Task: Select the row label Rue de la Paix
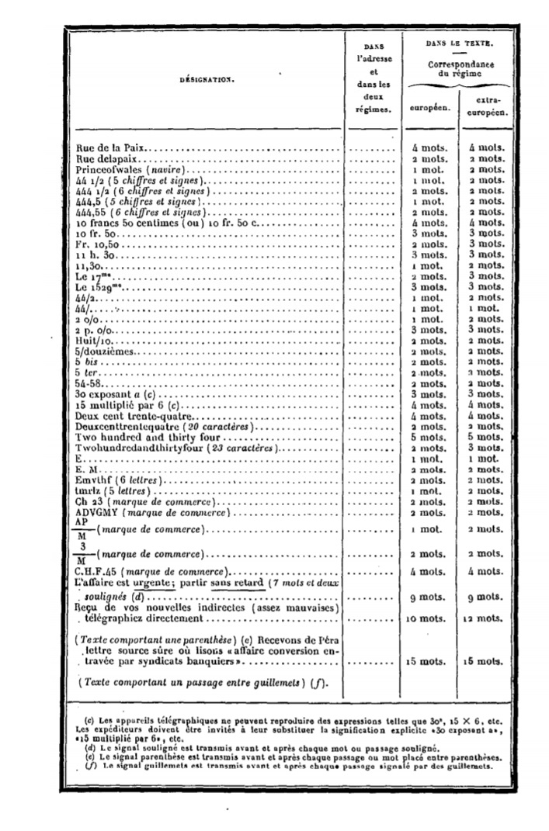click(111, 147)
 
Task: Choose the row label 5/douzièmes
click(106, 351)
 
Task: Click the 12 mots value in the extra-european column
click(488, 619)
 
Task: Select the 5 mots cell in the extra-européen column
click(487, 437)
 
